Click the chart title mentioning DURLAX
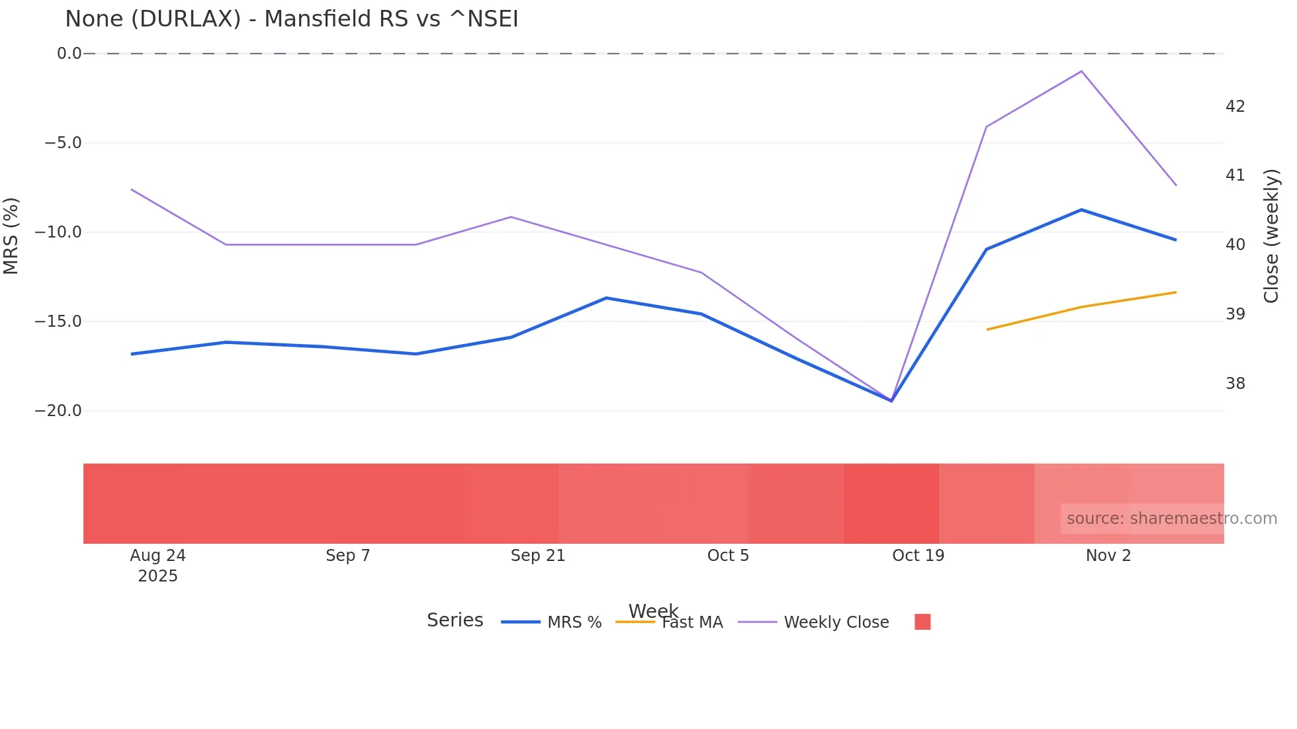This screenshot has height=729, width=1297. (291, 19)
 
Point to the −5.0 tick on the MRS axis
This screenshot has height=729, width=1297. (63, 143)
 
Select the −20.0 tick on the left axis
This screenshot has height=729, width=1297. (58, 411)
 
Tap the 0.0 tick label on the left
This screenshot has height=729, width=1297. (69, 54)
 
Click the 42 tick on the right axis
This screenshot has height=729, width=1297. (1235, 107)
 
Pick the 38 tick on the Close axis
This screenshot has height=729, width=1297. (1235, 384)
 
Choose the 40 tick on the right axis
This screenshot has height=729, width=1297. (1235, 245)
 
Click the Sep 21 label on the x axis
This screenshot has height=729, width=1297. (537, 556)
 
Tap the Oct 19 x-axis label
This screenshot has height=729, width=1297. (918, 556)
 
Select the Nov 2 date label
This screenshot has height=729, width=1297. (1108, 556)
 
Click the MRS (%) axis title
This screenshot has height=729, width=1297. (11, 236)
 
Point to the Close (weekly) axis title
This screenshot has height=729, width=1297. (1271, 236)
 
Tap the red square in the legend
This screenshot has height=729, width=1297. (922, 622)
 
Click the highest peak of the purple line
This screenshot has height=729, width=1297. (1081, 71)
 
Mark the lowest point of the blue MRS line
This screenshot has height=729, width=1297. (891, 401)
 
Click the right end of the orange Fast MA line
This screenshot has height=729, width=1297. (1175, 292)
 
